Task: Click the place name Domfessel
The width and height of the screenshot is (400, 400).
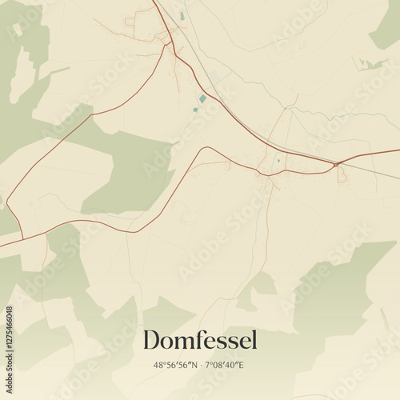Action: coord(200,340)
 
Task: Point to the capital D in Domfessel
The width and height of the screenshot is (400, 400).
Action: coord(151,340)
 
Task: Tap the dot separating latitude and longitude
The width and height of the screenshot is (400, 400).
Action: coord(201,366)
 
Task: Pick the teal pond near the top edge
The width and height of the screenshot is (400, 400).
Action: coord(182,15)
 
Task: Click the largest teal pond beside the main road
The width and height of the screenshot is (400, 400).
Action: coord(202,98)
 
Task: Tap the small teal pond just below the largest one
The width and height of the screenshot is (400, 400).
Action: coord(195,109)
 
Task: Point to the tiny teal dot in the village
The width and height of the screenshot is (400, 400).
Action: coord(278,160)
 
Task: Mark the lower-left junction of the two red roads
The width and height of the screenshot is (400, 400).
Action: coord(22,238)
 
